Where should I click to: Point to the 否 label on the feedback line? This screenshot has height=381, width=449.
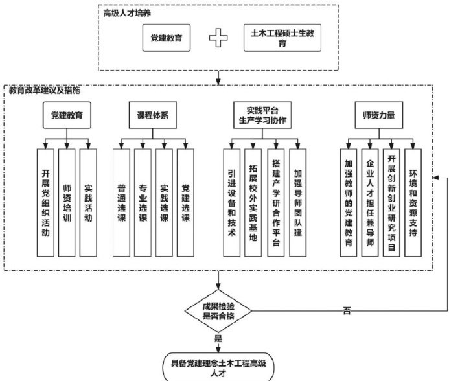347,312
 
